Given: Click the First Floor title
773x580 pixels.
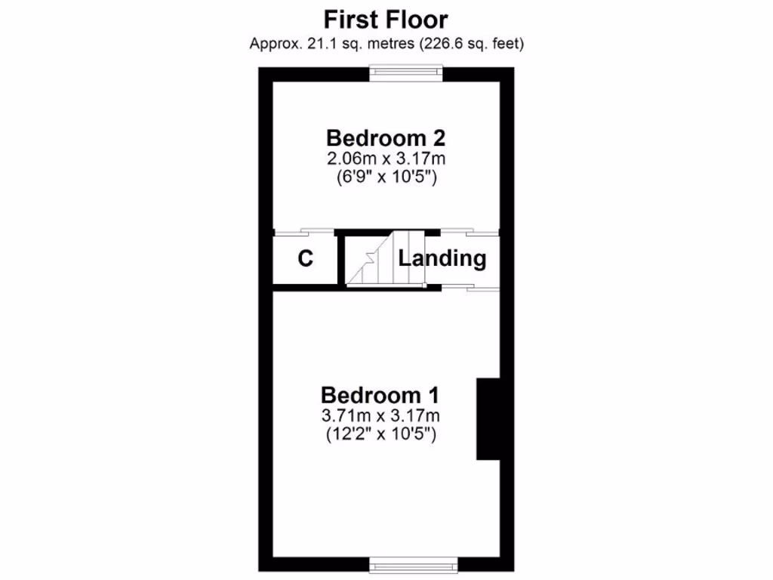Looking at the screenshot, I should [386, 19].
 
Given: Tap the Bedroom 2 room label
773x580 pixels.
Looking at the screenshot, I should [385, 138].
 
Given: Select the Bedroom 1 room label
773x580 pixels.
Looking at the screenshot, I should [380, 395].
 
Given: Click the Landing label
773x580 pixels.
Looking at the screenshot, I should [442, 259].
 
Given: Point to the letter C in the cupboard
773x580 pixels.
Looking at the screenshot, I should [305, 259].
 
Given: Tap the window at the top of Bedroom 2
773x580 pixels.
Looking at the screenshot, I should [405, 72].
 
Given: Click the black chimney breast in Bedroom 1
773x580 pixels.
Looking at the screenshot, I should [488, 419].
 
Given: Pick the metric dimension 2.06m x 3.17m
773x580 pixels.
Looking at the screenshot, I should [385, 159].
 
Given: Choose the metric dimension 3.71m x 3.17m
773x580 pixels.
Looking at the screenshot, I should [380, 415].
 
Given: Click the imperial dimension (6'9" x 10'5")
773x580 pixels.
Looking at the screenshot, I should [385, 178].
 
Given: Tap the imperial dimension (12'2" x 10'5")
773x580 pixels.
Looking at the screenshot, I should [380, 435].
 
